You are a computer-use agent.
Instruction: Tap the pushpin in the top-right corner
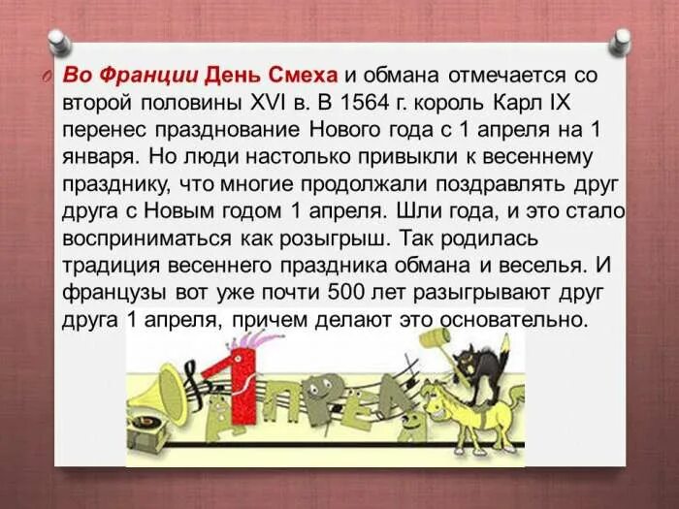tap(621, 41)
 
